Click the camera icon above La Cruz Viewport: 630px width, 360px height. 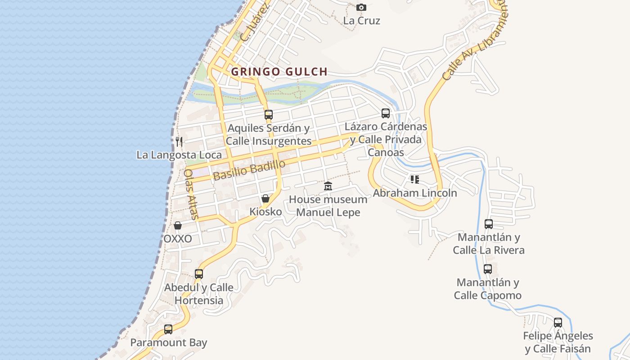click(x=361, y=8)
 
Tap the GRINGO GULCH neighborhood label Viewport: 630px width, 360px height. click(x=279, y=72)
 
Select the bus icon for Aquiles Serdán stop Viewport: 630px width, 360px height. click(x=269, y=114)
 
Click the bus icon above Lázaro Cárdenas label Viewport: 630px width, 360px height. click(x=386, y=113)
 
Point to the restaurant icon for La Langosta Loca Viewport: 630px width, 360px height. click(x=179, y=142)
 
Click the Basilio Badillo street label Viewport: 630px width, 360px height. click(x=249, y=170)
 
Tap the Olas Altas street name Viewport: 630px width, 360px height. click(x=191, y=194)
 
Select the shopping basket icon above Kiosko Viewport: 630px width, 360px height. click(x=265, y=198)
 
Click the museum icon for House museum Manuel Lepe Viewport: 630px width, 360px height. click(x=328, y=186)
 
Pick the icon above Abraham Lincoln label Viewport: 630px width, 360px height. click(x=414, y=180)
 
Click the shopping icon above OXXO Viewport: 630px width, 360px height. click(x=178, y=225)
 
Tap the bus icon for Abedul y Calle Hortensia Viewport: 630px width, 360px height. click(x=199, y=274)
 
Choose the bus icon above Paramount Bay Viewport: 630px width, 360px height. click(x=168, y=329)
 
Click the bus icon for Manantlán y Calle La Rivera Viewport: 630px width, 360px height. click(x=488, y=224)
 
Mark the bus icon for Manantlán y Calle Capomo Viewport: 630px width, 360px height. click(x=488, y=269)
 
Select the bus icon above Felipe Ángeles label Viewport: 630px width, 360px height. click(x=558, y=323)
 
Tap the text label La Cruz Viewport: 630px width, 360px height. click(x=361, y=21)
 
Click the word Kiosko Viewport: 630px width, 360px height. click(x=266, y=211)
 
